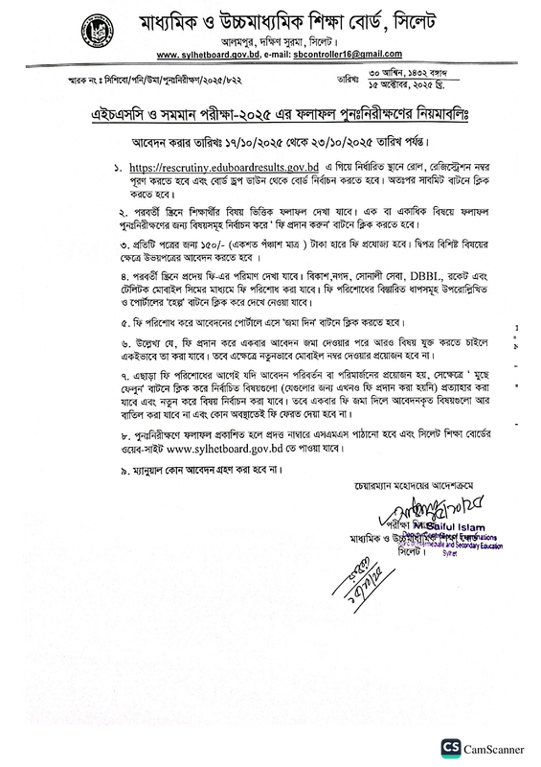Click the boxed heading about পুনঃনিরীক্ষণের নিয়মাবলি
[x=271, y=114]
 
